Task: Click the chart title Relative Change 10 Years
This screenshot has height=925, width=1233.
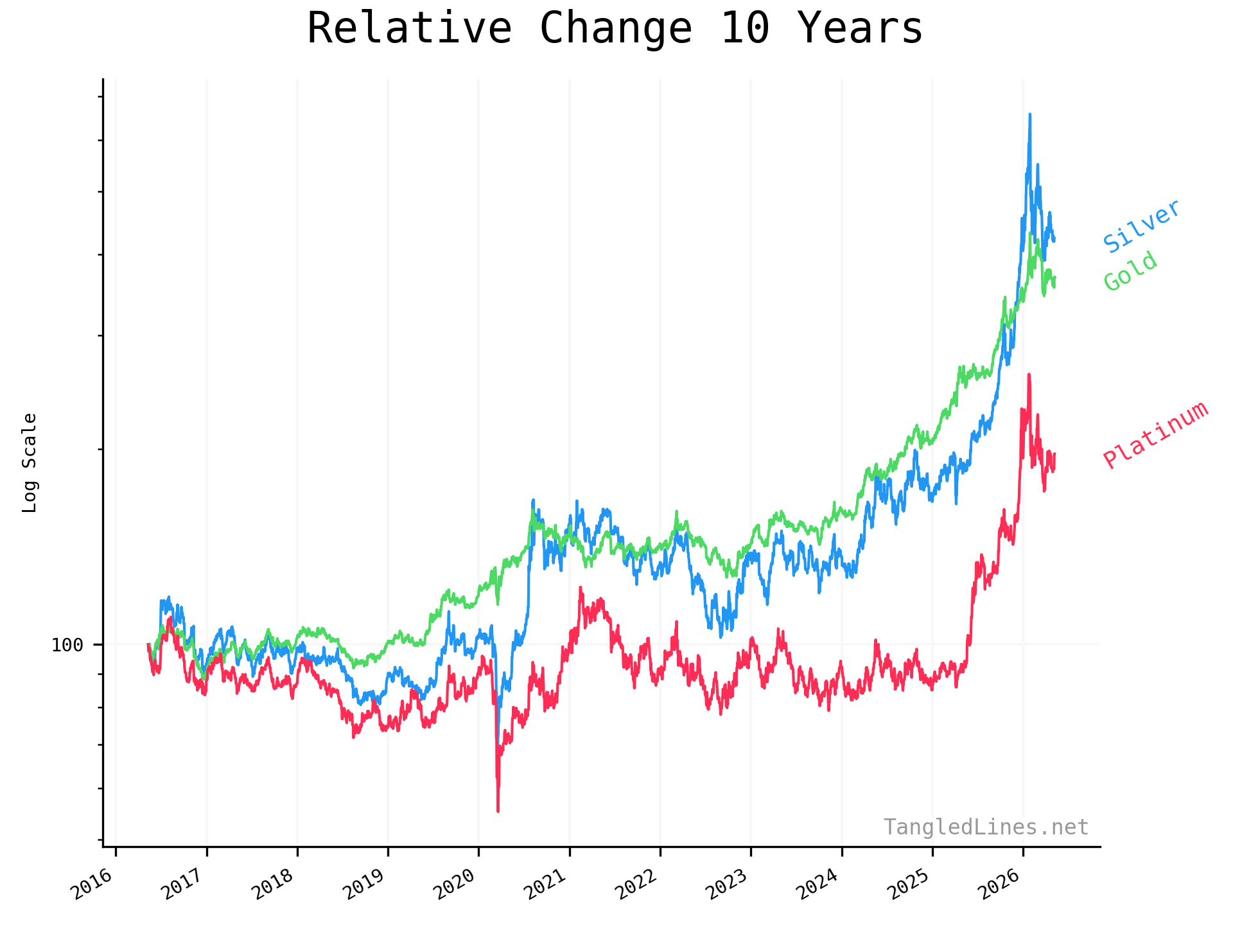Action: pyautogui.click(x=615, y=28)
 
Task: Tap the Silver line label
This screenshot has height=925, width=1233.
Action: pyautogui.click(x=1142, y=225)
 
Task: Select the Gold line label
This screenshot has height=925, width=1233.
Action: pyautogui.click(x=1131, y=271)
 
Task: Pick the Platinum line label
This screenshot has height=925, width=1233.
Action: pyautogui.click(x=1156, y=435)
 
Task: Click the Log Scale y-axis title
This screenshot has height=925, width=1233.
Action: pyautogui.click(x=30, y=463)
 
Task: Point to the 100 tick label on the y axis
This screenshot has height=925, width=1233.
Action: pyautogui.click(x=67, y=644)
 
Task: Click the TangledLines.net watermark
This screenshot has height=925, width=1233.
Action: pyautogui.click(x=986, y=827)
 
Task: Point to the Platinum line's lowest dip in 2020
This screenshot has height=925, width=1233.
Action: pyautogui.click(x=498, y=811)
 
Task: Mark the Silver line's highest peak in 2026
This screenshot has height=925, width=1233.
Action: pyautogui.click(x=1030, y=114)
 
